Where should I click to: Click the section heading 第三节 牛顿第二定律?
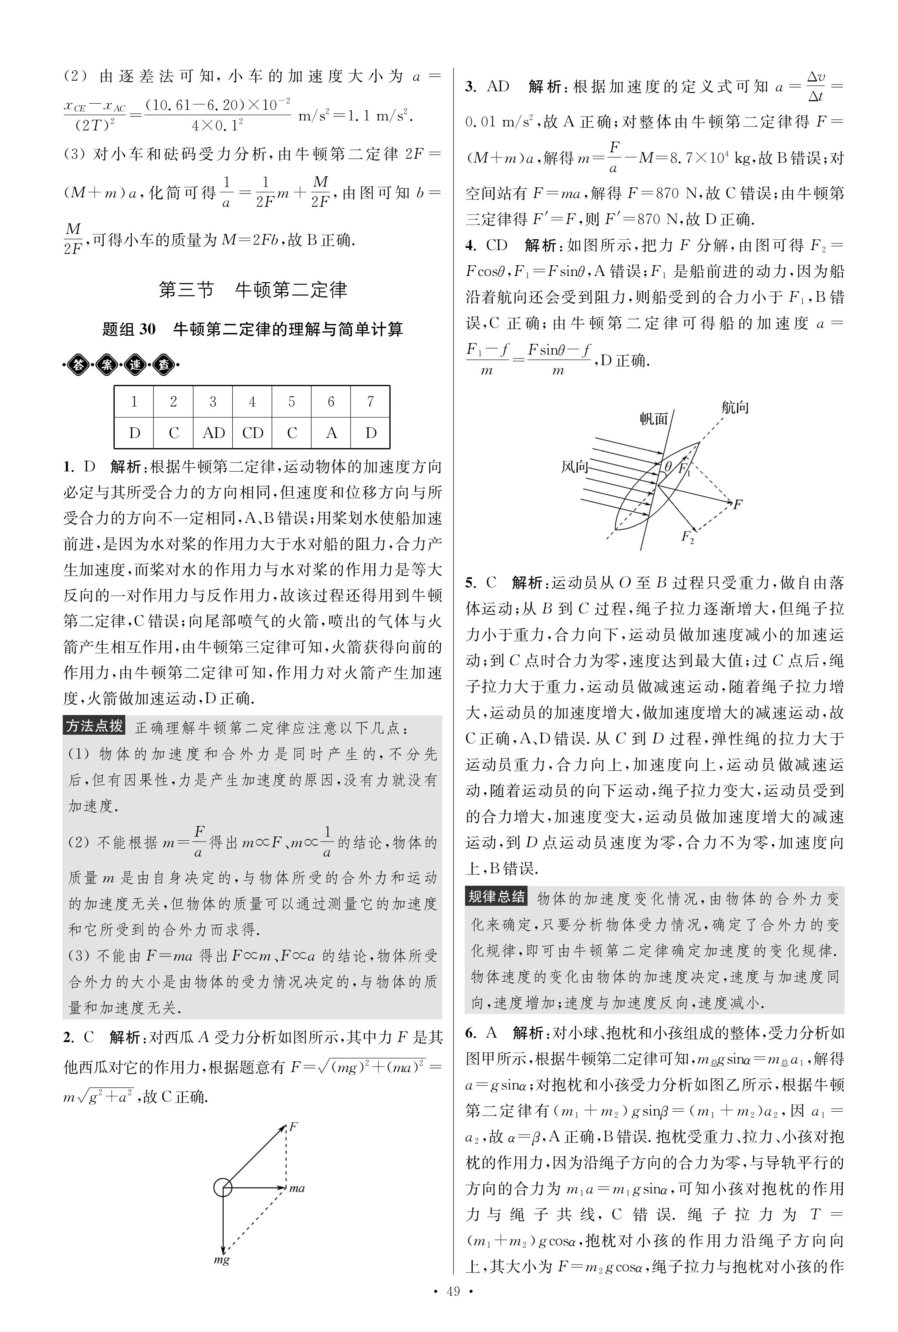point(252,290)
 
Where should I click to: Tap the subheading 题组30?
point(252,329)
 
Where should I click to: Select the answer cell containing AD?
point(213,433)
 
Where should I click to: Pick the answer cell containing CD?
point(252,433)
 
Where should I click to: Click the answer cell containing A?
point(331,433)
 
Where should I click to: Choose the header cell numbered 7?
point(370,402)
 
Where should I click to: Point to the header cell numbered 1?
point(134,402)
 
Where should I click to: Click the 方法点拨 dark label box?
point(94,726)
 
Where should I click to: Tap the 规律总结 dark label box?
point(496,897)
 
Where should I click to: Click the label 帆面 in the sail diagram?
point(654,419)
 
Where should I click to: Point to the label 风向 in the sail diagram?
point(574,467)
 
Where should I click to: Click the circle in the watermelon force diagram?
point(223,1188)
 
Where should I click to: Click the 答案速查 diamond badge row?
point(120,365)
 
